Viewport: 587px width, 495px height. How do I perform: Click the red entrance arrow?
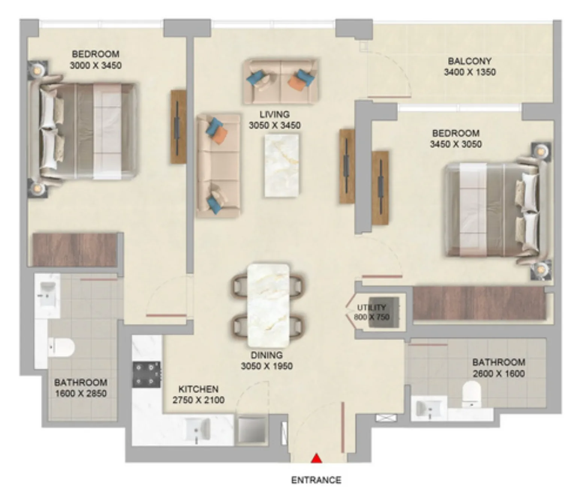coord(316,459)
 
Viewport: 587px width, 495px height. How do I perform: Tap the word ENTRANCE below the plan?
coord(316,480)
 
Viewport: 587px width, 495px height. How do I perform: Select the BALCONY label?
coord(470,61)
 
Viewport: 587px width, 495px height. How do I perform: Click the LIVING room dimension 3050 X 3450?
coord(275,125)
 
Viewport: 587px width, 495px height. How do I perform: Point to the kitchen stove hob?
coord(147,374)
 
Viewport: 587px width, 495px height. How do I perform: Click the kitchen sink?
coord(198,429)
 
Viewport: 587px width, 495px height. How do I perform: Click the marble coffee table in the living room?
coord(281,166)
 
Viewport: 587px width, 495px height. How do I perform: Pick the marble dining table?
coord(268,306)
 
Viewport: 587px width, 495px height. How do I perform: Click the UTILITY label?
coord(371,307)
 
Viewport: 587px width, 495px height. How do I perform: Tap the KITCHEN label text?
coord(199,389)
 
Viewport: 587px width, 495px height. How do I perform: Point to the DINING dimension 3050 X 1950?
coord(267,366)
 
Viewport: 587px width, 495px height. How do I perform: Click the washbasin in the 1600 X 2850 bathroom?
coord(47,294)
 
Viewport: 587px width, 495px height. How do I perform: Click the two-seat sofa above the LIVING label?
coord(281,81)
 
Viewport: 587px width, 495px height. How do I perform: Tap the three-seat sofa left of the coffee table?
coord(218,166)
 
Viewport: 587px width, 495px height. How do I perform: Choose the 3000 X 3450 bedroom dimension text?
coord(96,66)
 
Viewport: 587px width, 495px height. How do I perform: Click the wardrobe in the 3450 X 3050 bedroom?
coord(479,303)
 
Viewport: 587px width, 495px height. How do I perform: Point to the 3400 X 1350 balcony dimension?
coord(470,72)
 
